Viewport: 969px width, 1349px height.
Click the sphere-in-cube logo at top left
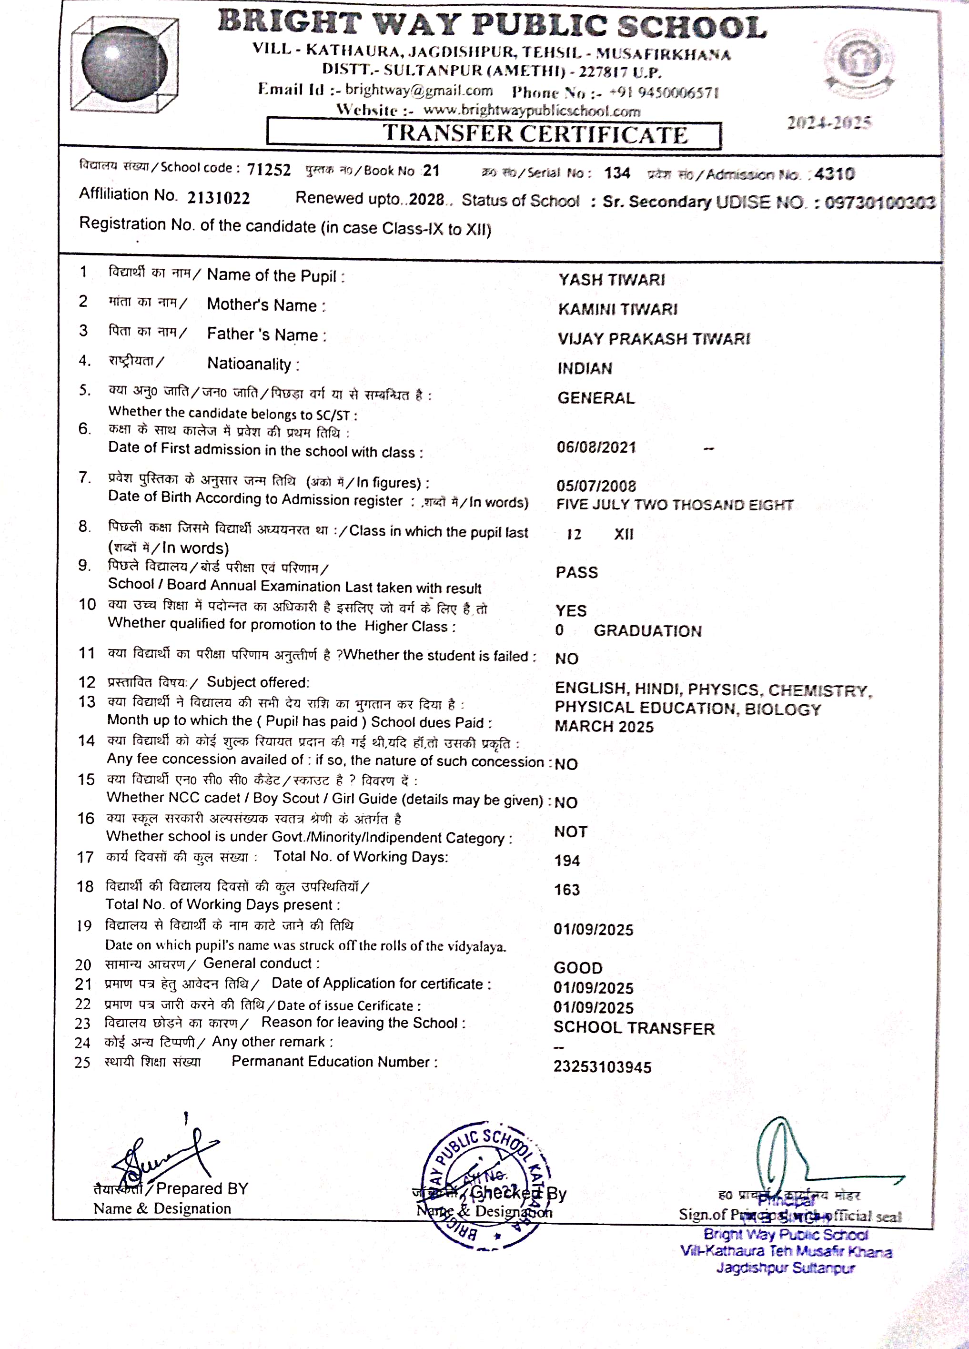coord(124,65)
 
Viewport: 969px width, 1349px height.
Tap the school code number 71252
coord(269,170)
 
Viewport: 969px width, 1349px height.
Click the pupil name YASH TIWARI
coord(611,280)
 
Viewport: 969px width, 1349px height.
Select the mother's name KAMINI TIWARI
coord(617,309)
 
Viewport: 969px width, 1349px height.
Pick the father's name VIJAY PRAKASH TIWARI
coord(653,339)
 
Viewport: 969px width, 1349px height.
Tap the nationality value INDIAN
coord(584,369)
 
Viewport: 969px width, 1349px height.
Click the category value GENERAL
coord(596,398)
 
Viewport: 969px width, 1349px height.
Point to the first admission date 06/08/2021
coord(596,447)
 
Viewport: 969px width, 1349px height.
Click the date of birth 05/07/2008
coord(596,486)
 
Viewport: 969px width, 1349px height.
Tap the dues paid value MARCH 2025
coord(603,727)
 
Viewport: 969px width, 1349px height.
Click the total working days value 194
coord(566,861)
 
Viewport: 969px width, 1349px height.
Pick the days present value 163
coord(566,890)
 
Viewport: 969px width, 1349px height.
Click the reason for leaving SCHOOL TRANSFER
coord(634,1028)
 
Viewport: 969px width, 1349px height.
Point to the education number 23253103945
coord(602,1067)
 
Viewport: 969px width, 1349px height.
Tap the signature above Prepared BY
coord(163,1155)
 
